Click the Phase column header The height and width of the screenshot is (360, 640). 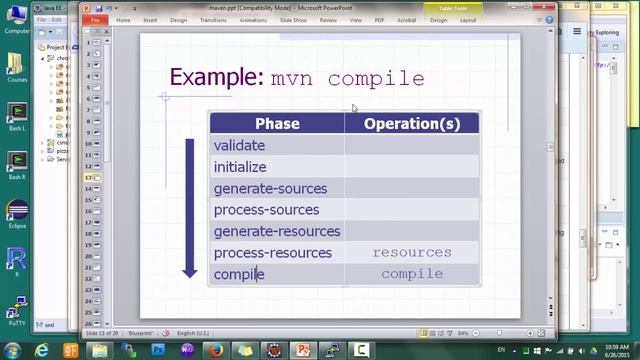[277, 124]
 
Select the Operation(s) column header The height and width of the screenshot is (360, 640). [412, 124]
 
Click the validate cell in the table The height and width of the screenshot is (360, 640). [239, 146]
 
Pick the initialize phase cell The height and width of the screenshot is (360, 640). [240, 167]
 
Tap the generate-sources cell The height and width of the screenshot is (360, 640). [270, 189]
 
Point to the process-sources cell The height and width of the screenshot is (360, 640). [266, 210]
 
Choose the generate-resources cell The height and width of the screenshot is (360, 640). [277, 231]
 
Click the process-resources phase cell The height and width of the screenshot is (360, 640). [272, 253]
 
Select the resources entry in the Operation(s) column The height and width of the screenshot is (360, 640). [412, 253]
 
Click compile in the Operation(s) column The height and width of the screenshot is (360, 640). [412, 274]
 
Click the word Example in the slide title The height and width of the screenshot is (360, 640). [216, 78]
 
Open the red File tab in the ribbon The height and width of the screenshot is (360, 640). [95, 20]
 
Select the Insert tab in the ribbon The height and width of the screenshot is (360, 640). [150, 20]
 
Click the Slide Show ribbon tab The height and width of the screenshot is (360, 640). [293, 20]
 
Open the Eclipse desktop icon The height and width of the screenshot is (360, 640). [17, 214]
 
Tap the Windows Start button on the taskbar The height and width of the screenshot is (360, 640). [14, 350]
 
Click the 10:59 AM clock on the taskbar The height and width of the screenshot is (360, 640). [616, 346]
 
